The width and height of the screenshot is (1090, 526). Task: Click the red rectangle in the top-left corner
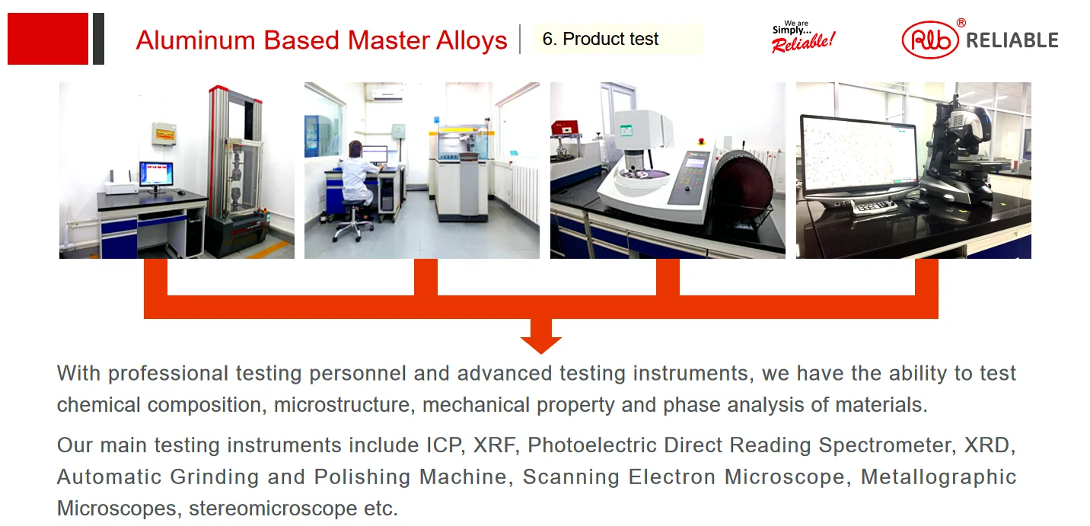point(48,38)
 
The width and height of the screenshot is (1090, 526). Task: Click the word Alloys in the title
point(471,40)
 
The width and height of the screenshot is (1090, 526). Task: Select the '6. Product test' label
point(601,39)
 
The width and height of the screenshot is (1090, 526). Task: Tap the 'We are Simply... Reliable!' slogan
point(803,37)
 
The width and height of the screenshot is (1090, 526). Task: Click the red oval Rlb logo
point(930,40)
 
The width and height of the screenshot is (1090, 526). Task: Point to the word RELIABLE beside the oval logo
point(1012,40)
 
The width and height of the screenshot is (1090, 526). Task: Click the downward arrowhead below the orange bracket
point(541,343)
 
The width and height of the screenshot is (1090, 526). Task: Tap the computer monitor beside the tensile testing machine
point(156,174)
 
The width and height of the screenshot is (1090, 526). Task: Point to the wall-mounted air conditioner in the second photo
point(387,94)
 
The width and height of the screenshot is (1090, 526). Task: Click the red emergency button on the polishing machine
point(701,142)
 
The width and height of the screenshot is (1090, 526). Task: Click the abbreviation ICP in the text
point(445,445)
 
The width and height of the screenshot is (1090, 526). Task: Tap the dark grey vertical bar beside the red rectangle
point(98,38)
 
